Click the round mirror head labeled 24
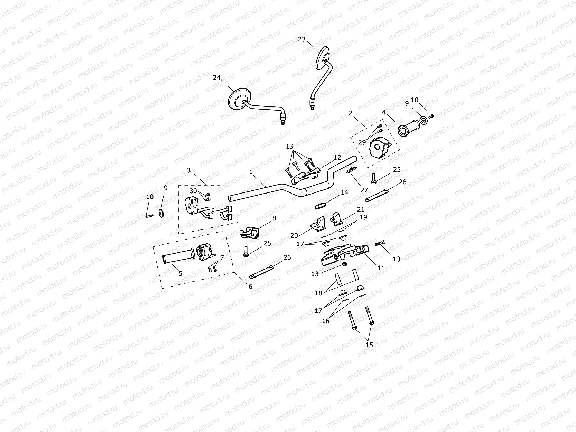coord(240,99)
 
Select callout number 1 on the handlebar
coord(251,172)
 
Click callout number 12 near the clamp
coord(337,157)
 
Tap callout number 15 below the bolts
coord(369,345)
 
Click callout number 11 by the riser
coord(381,268)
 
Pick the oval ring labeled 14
coord(320,206)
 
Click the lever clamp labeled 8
coord(249,232)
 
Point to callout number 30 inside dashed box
coord(193,191)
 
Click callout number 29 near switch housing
coord(362,142)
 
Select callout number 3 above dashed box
coord(189,170)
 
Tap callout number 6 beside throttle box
coord(250,286)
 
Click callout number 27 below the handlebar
coord(364,190)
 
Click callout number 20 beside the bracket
coord(294,235)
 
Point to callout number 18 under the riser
coord(318,293)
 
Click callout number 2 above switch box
coord(351,113)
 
